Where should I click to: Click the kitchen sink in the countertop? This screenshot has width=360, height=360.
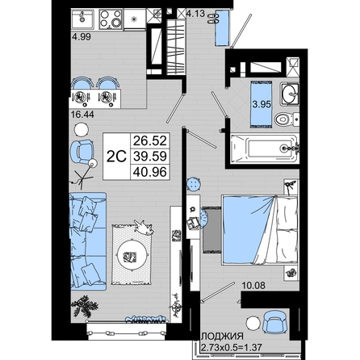click(82, 19)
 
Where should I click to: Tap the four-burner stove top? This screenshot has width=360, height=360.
click(111, 19)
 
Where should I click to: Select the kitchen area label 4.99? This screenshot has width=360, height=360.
click(82, 37)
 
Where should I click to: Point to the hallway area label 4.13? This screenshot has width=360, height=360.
click(195, 13)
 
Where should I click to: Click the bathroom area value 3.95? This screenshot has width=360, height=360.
click(262, 104)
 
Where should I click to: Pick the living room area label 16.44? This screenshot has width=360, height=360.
click(82, 115)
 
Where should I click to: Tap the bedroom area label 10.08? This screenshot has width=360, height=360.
click(253, 285)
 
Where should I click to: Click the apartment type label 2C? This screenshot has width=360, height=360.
click(116, 157)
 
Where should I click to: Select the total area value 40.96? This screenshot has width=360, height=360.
click(150, 172)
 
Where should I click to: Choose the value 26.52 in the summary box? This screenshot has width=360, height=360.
click(150, 140)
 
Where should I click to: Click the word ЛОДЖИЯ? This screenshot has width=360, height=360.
click(223, 336)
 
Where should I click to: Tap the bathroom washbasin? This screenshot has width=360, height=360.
click(290, 94)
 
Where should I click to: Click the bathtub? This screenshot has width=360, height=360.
click(264, 149)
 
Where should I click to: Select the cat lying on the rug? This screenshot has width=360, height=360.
click(144, 228)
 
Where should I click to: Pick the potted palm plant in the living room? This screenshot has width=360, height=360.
click(85, 306)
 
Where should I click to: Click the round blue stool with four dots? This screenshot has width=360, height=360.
click(194, 184)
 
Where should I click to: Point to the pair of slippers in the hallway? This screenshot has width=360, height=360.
click(213, 18)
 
